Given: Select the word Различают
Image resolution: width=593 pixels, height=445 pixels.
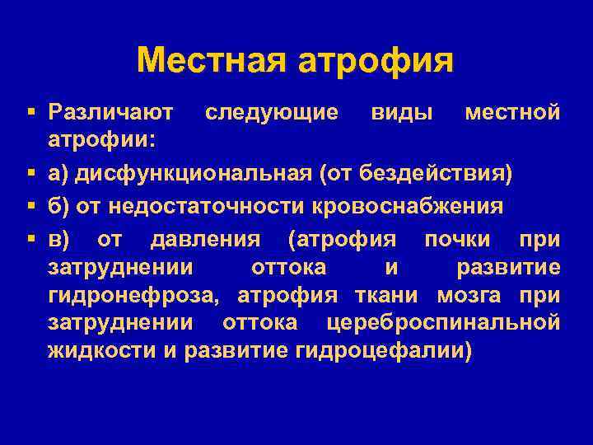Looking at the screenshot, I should pyautogui.click(x=110, y=110).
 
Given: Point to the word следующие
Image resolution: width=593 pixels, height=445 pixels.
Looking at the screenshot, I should pyautogui.click(x=271, y=110).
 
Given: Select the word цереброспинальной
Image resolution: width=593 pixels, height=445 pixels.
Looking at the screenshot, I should pyautogui.click(x=443, y=322).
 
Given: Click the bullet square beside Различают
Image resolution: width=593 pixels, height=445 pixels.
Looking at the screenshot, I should pyautogui.click(x=30, y=110).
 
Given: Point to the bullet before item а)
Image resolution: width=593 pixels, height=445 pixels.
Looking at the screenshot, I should pyautogui.click(x=30, y=174).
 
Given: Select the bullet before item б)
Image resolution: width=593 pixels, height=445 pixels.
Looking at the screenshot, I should pyautogui.click(x=30, y=207).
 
